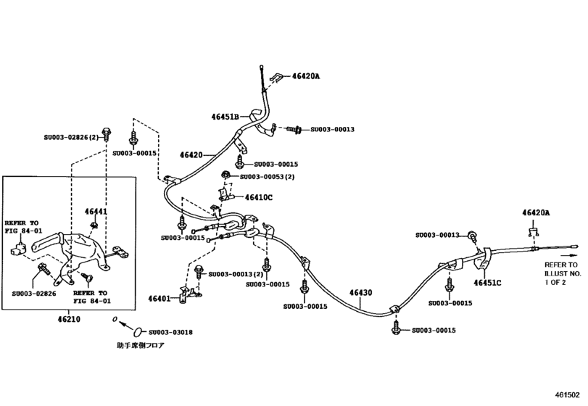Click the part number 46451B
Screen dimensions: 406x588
click(225, 116)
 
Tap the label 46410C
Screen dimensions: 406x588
click(258, 197)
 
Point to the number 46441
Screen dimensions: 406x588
click(97, 212)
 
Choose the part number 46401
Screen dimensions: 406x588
click(160, 298)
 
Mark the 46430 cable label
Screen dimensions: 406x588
click(360, 293)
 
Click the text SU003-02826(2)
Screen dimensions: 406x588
click(71, 136)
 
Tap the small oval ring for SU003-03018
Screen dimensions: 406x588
click(115, 319)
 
